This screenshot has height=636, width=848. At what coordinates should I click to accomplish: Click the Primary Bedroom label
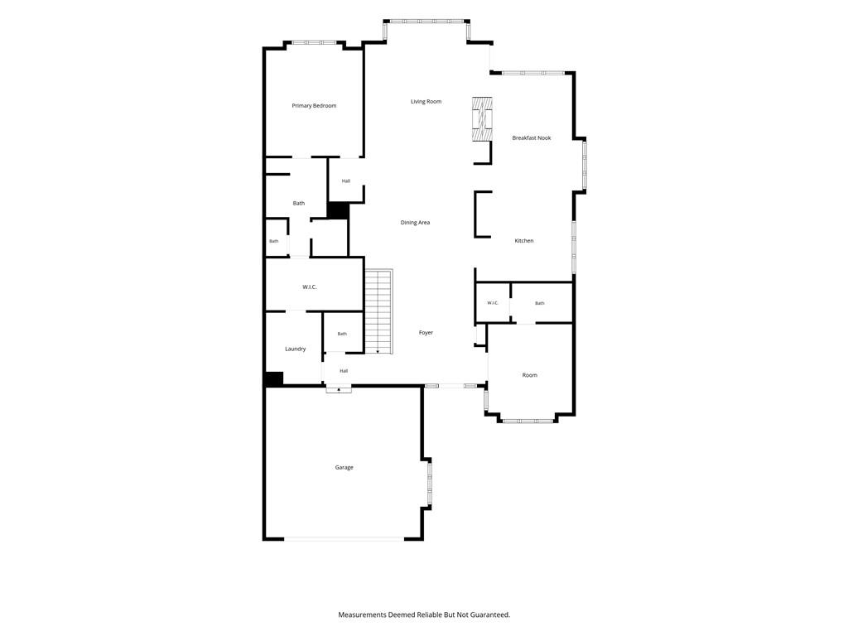pyautogui.click(x=314, y=106)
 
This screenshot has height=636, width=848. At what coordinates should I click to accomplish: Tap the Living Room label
pyautogui.click(x=426, y=102)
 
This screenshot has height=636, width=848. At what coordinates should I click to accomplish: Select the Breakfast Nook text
pyautogui.click(x=531, y=138)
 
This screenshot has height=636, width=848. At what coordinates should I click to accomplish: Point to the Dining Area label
pyautogui.click(x=415, y=222)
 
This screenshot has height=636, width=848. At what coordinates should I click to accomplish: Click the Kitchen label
pyautogui.click(x=523, y=241)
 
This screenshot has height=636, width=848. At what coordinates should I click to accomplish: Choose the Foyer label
pyautogui.click(x=426, y=333)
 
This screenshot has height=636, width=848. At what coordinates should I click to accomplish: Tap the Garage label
pyautogui.click(x=344, y=467)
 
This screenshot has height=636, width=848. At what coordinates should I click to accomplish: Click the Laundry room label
pyautogui.click(x=296, y=349)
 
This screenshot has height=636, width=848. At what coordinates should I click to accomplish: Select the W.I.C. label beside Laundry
pyautogui.click(x=310, y=287)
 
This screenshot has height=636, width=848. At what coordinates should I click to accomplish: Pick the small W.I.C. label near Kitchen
pyautogui.click(x=492, y=303)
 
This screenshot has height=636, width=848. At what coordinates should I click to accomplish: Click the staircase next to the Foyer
pyautogui.click(x=378, y=311)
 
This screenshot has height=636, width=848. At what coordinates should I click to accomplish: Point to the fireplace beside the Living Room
pyautogui.click(x=482, y=119)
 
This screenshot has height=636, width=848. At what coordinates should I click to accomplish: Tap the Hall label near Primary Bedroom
pyautogui.click(x=345, y=181)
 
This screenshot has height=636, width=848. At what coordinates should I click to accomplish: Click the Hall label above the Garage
pyautogui.click(x=344, y=371)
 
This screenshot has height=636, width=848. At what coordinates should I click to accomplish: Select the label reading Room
pyautogui.click(x=529, y=375)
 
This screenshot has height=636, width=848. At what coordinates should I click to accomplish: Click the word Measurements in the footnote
pyautogui.click(x=362, y=615)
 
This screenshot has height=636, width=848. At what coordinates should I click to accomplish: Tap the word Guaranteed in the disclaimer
pyautogui.click(x=489, y=615)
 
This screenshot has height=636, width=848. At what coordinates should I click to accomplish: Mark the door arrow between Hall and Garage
pyautogui.click(x=339, y=388)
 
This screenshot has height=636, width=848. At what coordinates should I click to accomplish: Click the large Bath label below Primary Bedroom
pyautogui.click(x=298, y=204)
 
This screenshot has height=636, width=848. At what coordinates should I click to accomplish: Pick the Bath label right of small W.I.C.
pyautogui.click(x=540, y=303)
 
